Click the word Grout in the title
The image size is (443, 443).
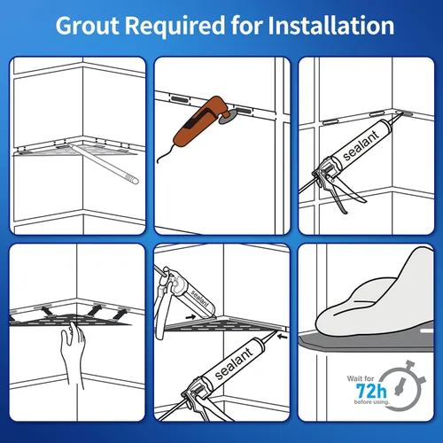pos(88,26)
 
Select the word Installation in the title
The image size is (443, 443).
pos(330,26)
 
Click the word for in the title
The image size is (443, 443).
pos(246,26)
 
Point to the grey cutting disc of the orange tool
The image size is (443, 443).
pos(228,116)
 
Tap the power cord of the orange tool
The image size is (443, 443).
pos(165,153)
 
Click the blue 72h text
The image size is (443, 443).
pos(371,392)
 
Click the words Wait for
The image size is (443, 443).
pos(361,378)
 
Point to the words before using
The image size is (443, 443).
pos(372,402)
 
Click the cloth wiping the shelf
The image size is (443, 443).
pos(375,299)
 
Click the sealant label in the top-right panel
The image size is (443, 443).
pos(361,145)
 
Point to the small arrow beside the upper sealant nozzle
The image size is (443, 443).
pos(190,317)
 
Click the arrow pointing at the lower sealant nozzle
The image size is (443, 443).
pos(283,336)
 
